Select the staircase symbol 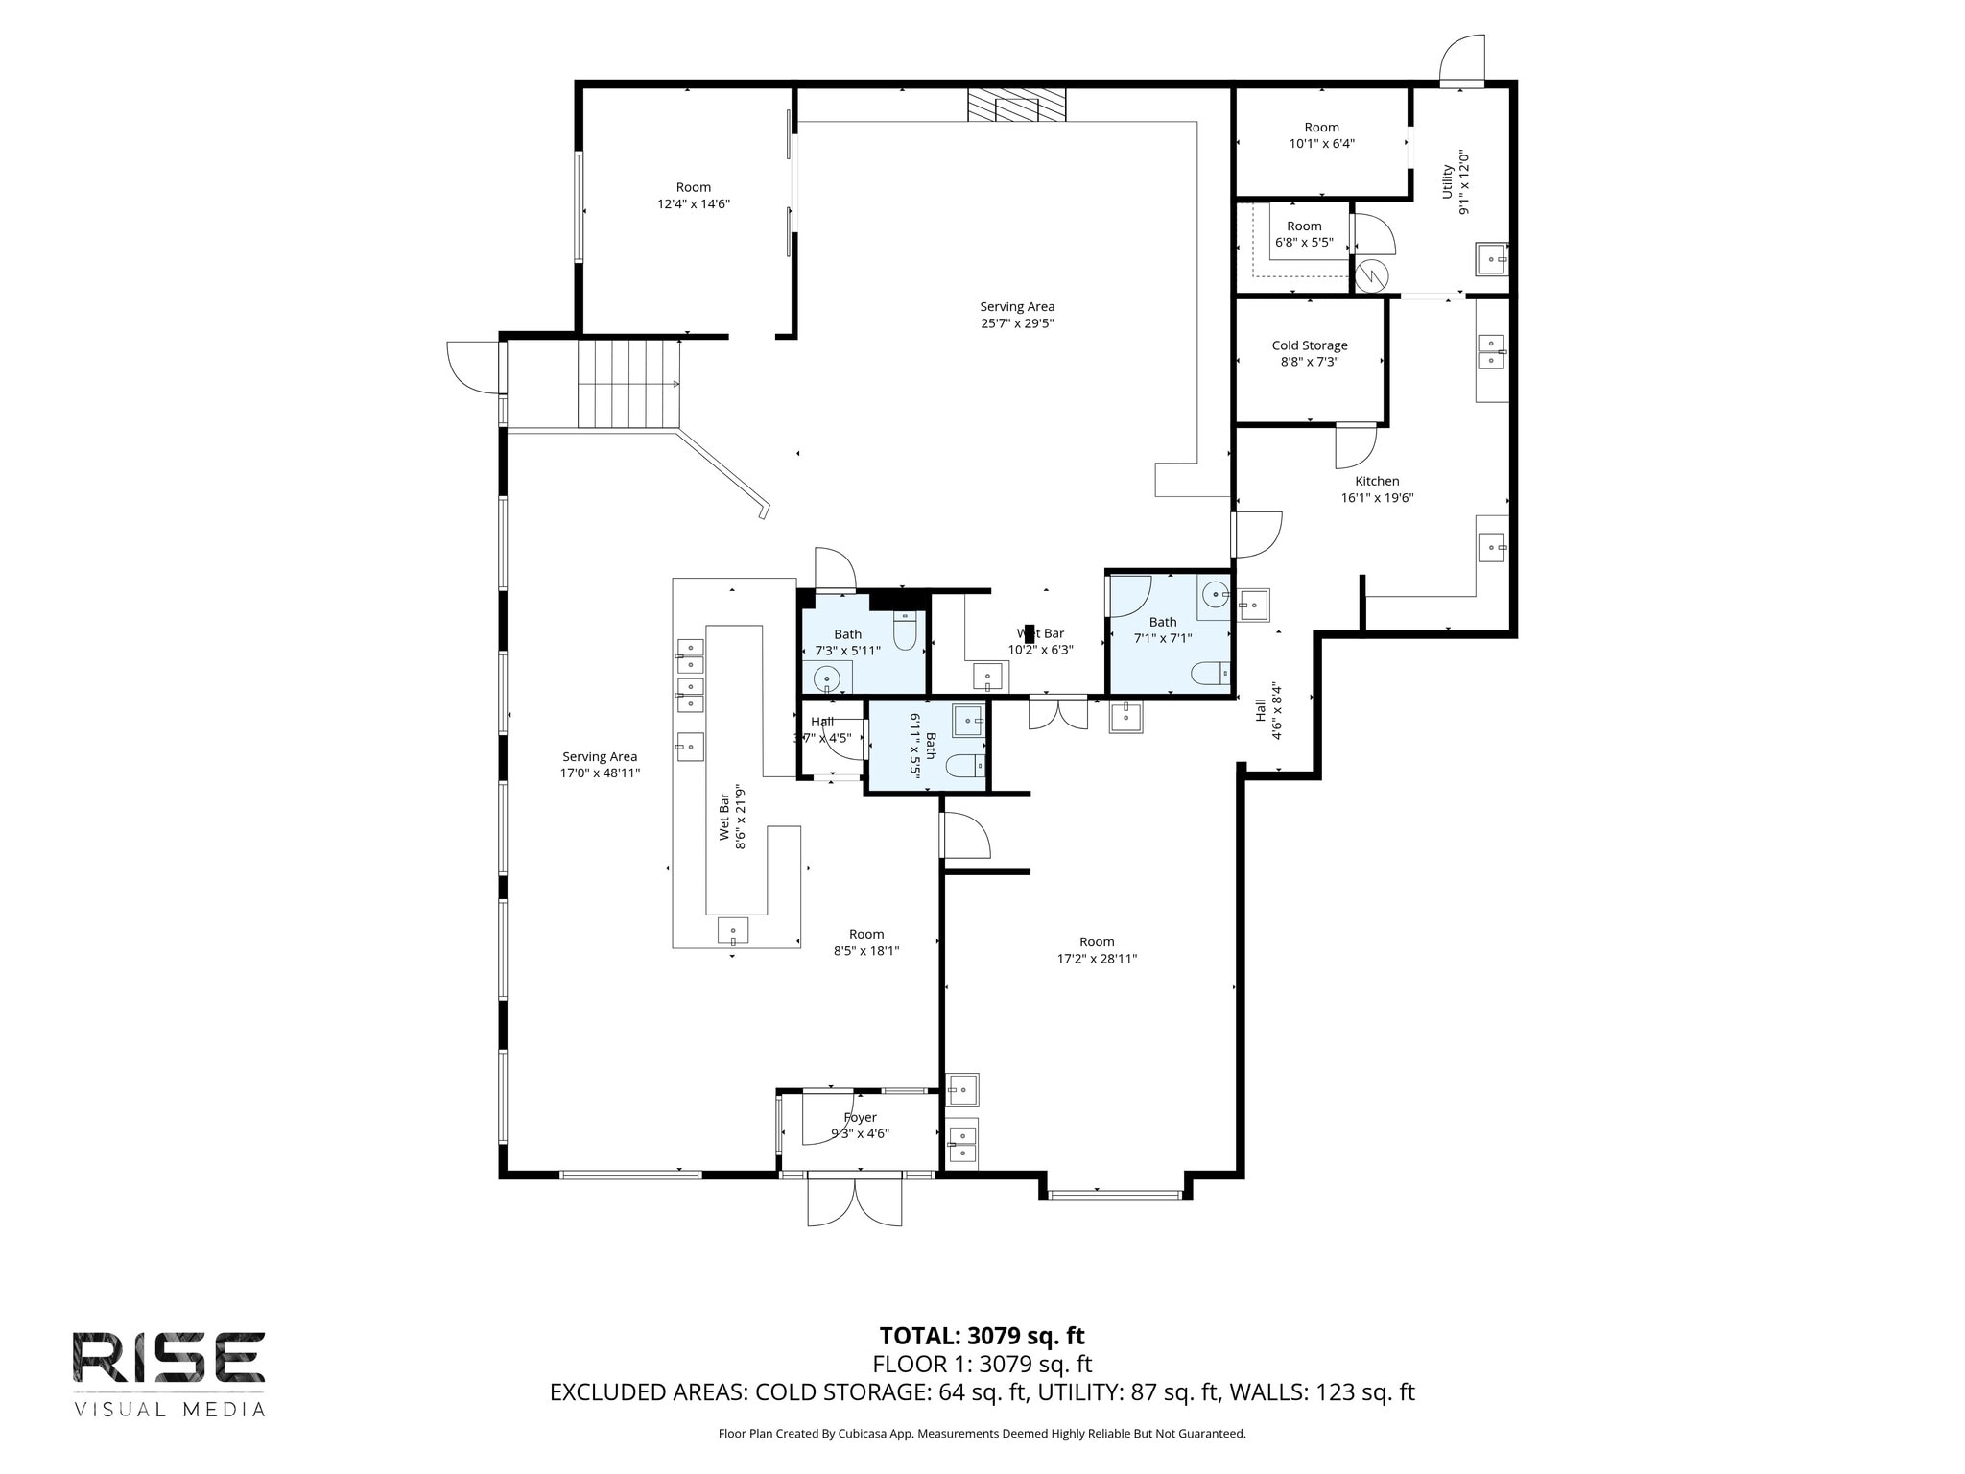coord(628,384)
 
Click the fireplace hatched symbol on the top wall coord(1016,105)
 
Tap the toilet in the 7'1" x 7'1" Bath coord(1211,674)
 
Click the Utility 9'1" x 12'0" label coord(1456,182)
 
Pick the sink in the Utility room coord(1491,259)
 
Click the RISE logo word coord(169,1358)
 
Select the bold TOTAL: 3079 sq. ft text coord(982,1336)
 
